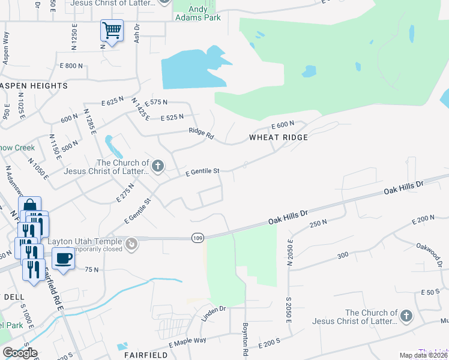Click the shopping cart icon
click(x=112, y=29)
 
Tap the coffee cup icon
click(x=63, y=259)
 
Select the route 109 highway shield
click(x=197, y=238)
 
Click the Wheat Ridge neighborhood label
click(x=279, y=137)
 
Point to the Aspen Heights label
click(x=34, y=86)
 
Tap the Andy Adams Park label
click(x=198, y=13)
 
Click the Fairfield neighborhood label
click(x=145, y=355)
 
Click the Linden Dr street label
click(x=213, y=313)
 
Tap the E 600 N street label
click(x=282, y=125)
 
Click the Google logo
click(x=20, y=353)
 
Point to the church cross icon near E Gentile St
click(x=158, y=166)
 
